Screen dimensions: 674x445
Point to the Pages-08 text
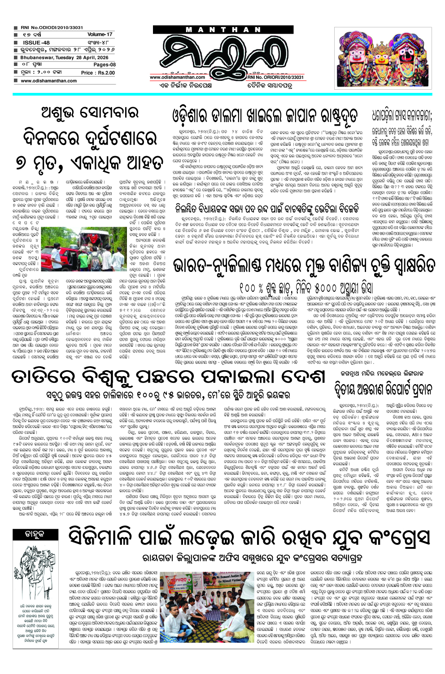point(104,65)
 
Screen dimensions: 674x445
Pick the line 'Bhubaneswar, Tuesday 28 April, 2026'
point(64,57)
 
